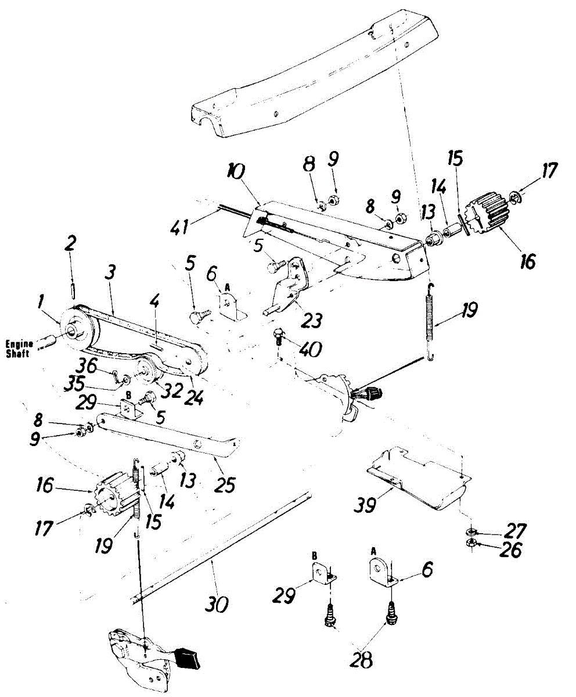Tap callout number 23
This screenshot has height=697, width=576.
pos(311,319)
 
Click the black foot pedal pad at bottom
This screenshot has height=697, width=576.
pos(189,658)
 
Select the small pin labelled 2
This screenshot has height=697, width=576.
pos(73,288)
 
